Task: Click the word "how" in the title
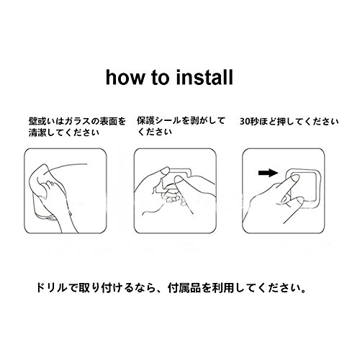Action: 125,77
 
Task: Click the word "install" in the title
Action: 204,77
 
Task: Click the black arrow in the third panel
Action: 268,173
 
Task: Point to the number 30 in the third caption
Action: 246,122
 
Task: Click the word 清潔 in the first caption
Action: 38,132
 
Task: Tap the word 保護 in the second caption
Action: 146,121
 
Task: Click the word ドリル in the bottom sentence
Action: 51,287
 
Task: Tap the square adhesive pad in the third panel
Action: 304,187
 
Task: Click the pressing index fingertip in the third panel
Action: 294,178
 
